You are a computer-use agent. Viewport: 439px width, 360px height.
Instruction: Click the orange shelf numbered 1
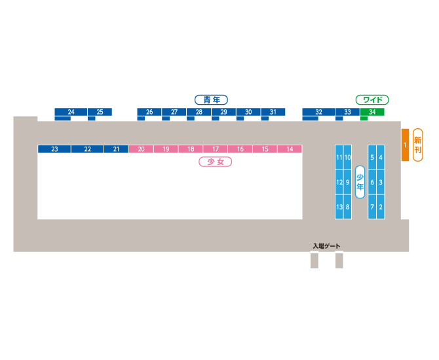(405, 144)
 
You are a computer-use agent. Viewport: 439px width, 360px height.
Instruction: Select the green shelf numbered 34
(372, 112)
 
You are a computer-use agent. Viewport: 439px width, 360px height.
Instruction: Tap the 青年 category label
(211, 100)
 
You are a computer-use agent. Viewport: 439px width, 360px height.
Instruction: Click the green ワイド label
(372, 100)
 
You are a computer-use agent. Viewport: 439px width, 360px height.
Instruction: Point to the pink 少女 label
(216, 162)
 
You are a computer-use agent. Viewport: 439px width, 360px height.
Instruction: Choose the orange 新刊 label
(417, 145)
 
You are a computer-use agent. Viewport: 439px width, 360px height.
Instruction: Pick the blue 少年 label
(360, 182)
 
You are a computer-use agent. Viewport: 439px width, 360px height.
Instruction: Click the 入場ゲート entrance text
(326, 246)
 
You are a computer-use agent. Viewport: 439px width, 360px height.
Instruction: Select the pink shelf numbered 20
(141, 149)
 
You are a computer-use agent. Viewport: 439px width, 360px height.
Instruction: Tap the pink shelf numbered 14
(290, 149)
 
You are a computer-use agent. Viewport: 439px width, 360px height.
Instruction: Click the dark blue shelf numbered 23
(54, 149)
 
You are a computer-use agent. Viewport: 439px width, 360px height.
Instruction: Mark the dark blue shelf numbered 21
(116, 149)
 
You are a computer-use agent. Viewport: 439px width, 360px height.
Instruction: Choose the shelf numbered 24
(71, 112)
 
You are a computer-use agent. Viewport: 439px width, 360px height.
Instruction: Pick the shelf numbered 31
(273, 112)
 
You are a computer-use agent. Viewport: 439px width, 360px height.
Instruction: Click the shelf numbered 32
(318, 112)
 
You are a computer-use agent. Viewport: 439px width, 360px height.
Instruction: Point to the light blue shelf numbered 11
(339, 158)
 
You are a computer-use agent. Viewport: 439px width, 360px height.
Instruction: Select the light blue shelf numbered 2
(381, 207)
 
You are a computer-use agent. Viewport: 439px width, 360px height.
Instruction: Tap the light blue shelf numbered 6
(372, 182)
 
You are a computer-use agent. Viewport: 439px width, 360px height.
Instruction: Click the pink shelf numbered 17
(216, 149)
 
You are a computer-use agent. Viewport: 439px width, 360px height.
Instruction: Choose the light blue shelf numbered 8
(347, 207)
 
